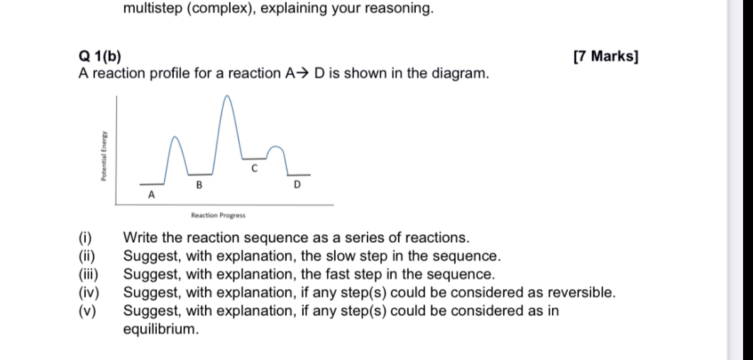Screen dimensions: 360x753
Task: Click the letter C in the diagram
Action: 253,169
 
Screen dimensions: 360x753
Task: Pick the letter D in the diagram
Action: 297,185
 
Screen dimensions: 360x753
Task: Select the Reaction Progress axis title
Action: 217,214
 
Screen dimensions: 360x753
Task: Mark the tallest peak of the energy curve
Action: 228,96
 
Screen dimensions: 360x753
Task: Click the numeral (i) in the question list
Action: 86,237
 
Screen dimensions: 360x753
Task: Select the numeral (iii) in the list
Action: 89,274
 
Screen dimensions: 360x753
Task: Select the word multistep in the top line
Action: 153,9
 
